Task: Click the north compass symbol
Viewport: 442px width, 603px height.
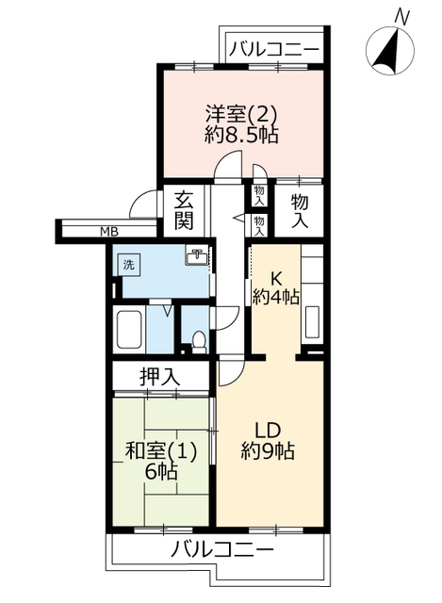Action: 389,50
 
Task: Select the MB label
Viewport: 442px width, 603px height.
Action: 109,232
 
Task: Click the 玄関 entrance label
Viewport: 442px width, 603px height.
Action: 184,211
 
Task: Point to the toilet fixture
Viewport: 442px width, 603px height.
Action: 198,342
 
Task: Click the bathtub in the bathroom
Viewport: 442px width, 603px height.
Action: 129,329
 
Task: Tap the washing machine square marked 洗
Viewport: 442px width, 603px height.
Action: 128,265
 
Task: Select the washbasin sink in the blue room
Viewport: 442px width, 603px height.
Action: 197,256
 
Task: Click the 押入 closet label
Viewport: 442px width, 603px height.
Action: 159,377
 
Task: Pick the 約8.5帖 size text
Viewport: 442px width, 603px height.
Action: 242,135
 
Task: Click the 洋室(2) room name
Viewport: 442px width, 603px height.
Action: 241,113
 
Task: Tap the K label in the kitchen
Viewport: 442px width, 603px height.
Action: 276,278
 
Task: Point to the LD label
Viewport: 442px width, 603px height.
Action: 270,431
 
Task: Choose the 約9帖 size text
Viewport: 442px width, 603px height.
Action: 268,450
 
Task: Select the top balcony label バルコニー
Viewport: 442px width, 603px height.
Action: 274,49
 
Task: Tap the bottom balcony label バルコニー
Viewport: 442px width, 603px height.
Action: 222,549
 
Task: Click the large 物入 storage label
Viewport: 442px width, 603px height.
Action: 300,211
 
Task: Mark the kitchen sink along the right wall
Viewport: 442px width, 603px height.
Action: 312,322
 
